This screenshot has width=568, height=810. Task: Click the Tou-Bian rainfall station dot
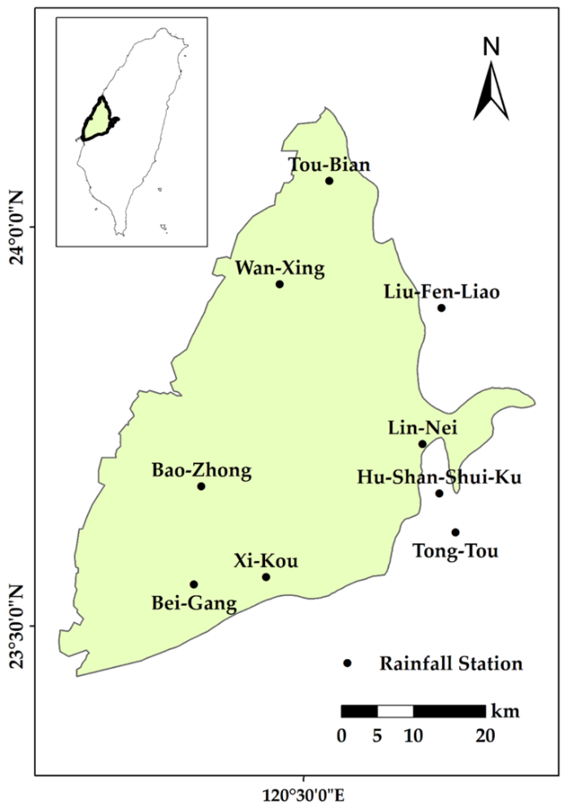[x=329, y=181]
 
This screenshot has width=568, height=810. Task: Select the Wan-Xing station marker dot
[x=279, y=284]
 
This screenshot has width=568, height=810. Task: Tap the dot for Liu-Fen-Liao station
[x=441, y=308]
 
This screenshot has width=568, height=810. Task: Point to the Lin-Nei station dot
[x=422, y=444]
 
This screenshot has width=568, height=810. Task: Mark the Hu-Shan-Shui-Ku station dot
[x=439, y=493]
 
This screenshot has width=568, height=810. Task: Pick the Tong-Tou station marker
[x=455, y=532]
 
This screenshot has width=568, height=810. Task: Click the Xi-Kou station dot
[x=266, y=577]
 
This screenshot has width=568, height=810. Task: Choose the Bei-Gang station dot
[x=193, y=584]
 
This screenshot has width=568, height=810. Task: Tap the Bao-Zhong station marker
[x=201, y=486]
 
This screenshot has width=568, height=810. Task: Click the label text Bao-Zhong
[x=201, y=471]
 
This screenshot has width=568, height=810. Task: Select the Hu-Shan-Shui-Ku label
[x=439, y=478]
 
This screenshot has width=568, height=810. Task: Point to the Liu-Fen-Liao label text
[x=441, y=292]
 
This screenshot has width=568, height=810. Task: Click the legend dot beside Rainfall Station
[x=347, y=663]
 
